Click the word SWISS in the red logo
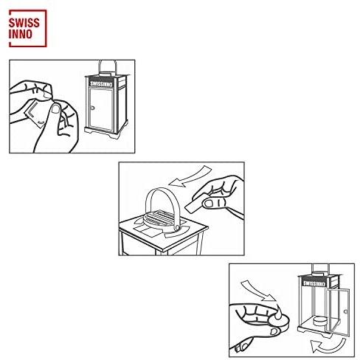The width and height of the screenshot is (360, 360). point(24,23)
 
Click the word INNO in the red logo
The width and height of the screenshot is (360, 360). point(21,34)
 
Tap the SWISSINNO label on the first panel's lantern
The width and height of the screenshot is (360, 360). point(101,83)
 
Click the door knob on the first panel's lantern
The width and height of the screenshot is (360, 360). point(92,108)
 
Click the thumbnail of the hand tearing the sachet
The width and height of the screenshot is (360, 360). point(56,108)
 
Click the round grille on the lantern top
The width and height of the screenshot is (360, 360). point(159,218)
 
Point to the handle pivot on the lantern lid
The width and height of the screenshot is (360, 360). point(176,228)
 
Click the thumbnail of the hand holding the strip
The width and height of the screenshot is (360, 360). point(210,203)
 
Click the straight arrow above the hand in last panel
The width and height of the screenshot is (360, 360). point(258,291)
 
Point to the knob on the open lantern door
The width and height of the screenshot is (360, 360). point(346,311)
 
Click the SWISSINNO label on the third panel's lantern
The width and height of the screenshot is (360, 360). point(314,283)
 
